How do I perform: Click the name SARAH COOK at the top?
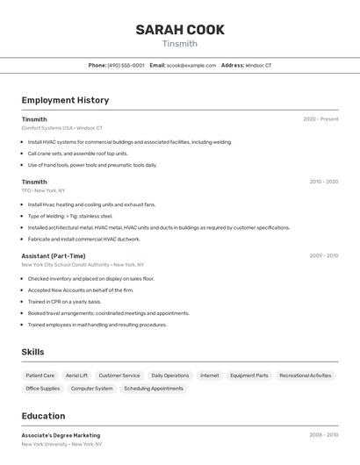pos(180,30)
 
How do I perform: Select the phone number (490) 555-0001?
pos(126,65)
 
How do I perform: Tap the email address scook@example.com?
pos(191,65)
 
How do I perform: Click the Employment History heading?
pos(65,100)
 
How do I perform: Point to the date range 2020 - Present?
pos(320,119)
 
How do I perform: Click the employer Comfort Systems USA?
pos(47,128)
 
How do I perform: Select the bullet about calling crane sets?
pos(77,154)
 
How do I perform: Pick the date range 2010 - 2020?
pos(323,182)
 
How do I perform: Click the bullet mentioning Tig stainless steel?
pos(70,216)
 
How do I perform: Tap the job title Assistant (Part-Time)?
pos(54,256)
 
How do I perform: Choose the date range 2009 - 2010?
pos(323,256)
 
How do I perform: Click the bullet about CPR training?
pos(64,302)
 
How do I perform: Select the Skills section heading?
pos(33,352)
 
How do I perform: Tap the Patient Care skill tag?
pos(40,376)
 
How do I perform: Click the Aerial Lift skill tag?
pos(76,376)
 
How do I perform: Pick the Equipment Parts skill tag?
pos(249,376)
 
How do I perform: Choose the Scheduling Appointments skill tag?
pos(154,388)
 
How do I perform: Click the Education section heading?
pos(43,416)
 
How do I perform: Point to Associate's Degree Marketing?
pos(61,435)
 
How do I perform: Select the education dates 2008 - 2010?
pos(323,435)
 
